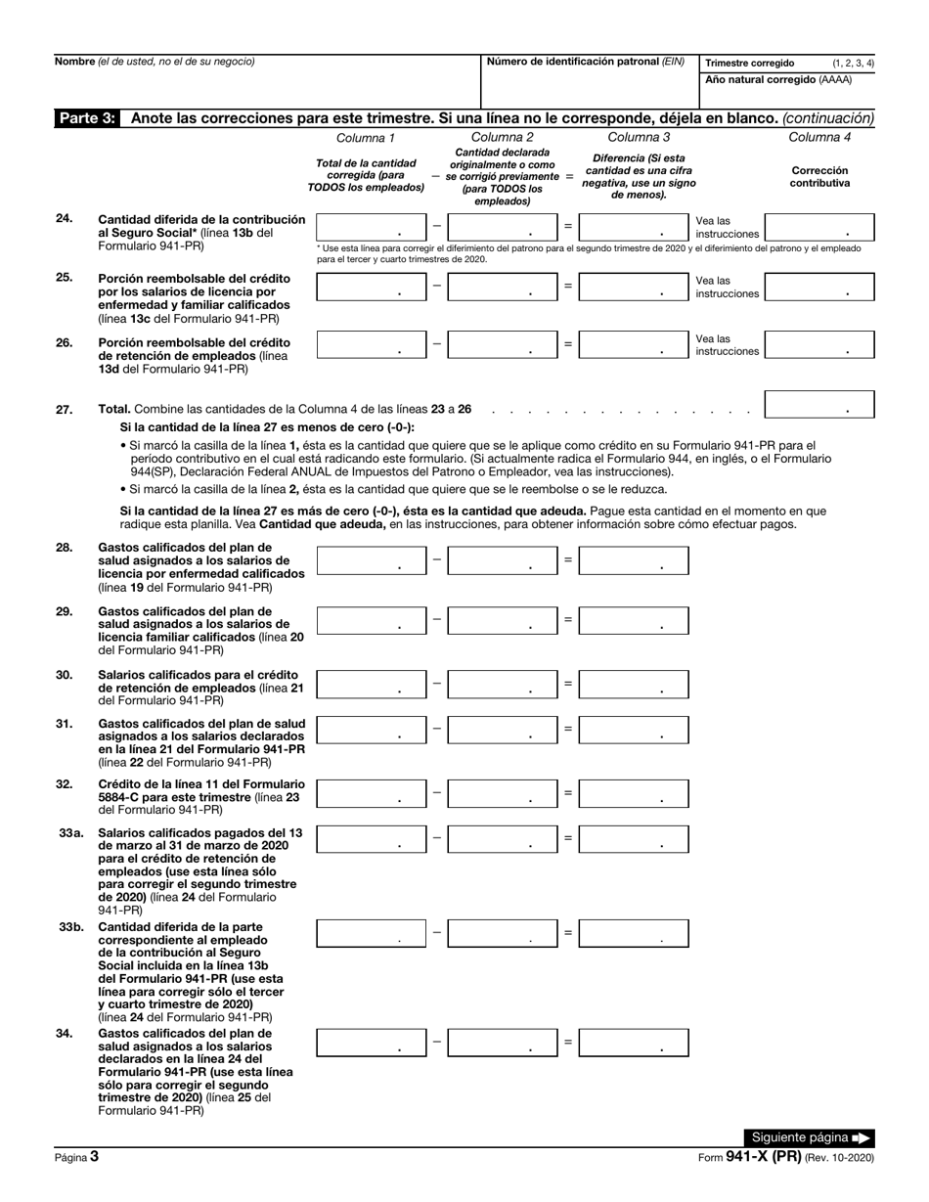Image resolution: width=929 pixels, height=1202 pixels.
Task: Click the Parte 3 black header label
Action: [87, 118]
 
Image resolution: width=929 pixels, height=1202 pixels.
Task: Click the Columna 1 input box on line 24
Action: [371, 228]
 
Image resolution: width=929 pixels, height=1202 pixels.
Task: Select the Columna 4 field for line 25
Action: [818, 287]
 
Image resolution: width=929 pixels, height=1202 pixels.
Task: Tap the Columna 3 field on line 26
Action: [633, 344]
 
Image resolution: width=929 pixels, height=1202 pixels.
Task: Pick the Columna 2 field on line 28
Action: [503, 560]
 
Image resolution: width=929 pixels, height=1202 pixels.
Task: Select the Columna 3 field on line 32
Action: [633, 793]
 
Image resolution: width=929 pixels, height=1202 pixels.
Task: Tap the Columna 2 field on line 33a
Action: [503, 839]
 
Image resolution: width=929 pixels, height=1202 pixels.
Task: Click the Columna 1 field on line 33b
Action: [371, 934]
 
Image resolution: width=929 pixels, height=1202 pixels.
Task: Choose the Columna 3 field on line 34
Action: [633, 1043]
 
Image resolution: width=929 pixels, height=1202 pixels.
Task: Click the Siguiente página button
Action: [808, 1137]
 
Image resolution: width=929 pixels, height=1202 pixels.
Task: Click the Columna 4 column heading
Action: [819, 137]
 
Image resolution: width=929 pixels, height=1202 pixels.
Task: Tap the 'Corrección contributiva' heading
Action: [819, 176]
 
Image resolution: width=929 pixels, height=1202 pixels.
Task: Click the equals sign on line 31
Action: [568, 728]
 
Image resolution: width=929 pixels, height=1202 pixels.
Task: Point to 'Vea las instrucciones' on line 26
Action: [727, 344]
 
